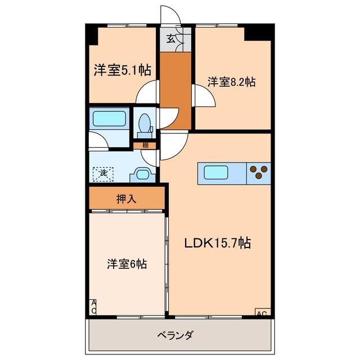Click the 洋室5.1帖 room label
coord(121,70)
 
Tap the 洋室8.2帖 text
coord(231,82)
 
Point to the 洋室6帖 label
coord(127,263)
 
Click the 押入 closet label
coord(125,199)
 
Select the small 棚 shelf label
coord(145,146)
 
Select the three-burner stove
coord(259,172)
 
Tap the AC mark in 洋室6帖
coord(93,307)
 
